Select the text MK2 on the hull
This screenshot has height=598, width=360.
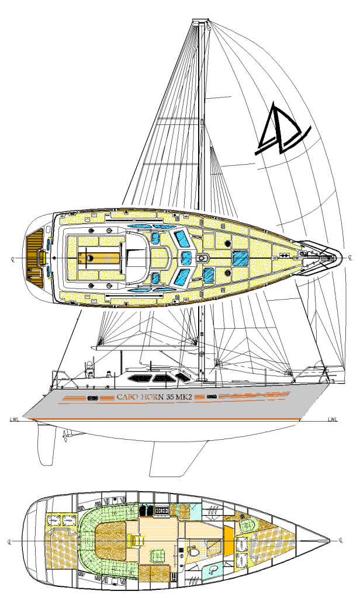click(x=192, y=397)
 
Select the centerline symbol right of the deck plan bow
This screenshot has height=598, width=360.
click(x=350, y=257)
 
